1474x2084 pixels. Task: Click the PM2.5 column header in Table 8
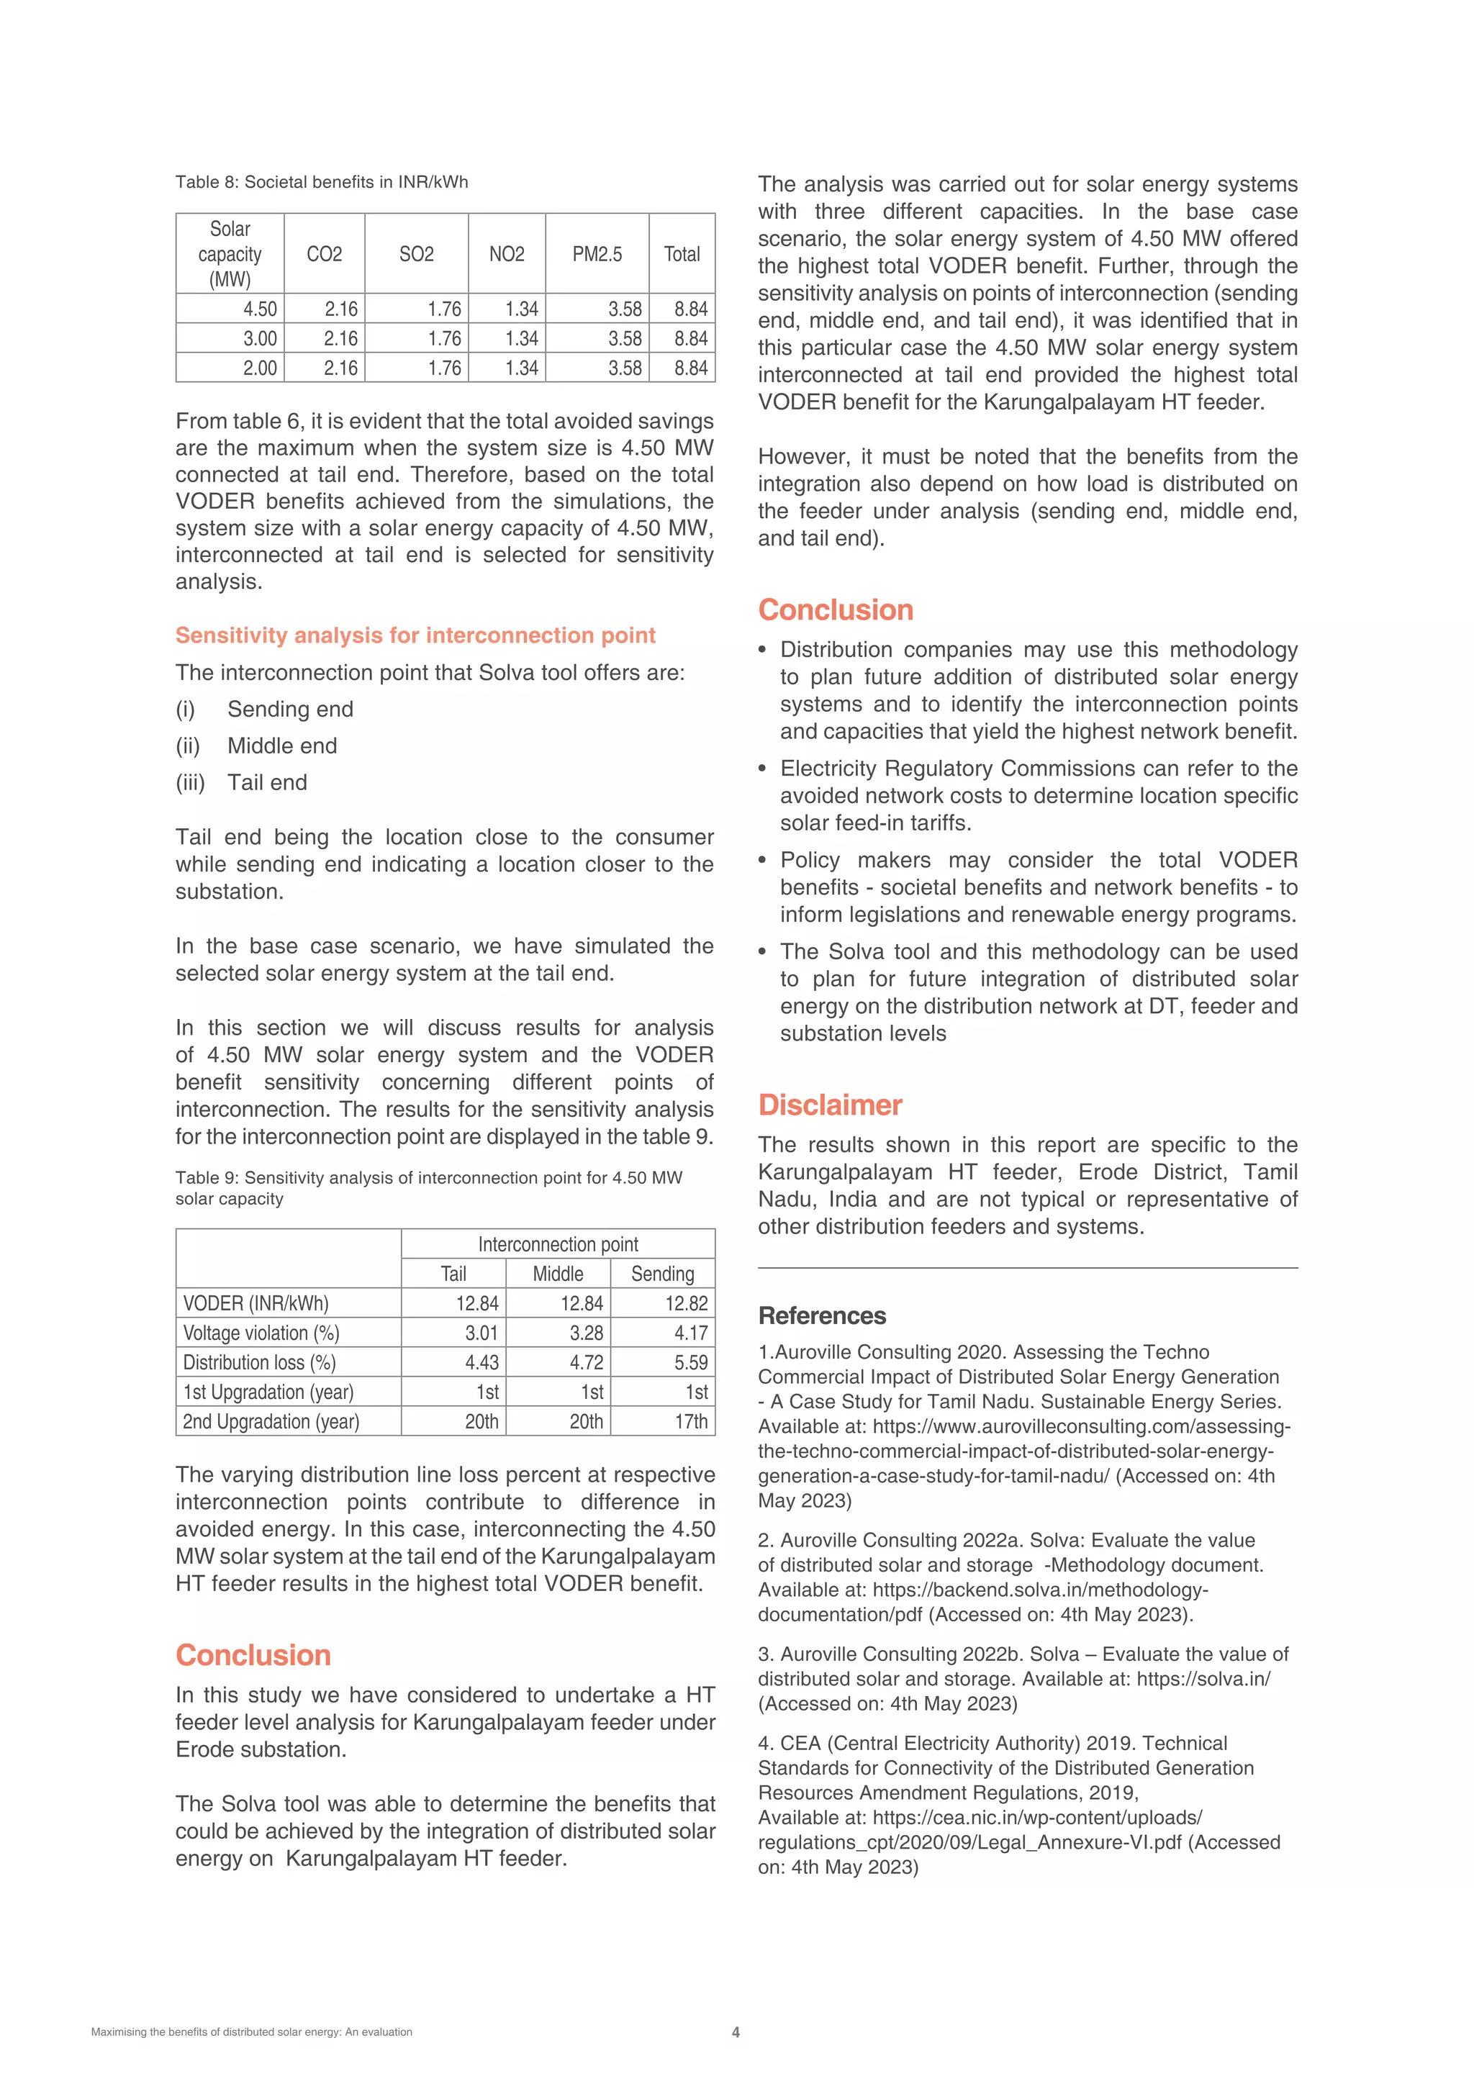[x=597, y=254]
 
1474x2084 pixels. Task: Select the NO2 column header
[x=507, y=254]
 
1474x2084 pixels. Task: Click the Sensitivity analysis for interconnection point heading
[x=415, y=635]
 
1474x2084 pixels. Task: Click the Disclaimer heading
[x=830, y=1105]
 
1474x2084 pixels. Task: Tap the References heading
[x=821, y=1315]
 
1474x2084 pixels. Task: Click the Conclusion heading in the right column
[x=835, y=610]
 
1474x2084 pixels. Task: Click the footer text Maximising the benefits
[x=251, y=2032]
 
